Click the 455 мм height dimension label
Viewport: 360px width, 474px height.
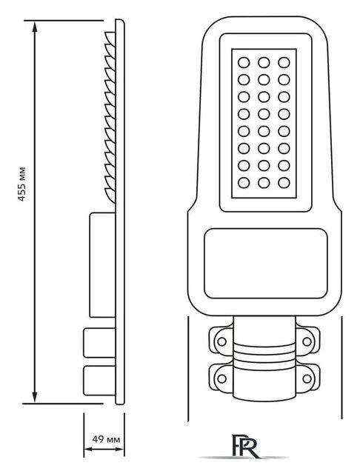click(x=21, y=184)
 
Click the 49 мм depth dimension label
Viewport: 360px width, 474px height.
click(x=106, y=439)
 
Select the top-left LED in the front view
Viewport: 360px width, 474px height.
click(x=244, y=62)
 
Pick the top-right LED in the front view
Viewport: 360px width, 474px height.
click(x=284, y=62)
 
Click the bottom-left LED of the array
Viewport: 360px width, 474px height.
click(x=244, y=183)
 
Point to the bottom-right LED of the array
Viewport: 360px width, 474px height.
click(x=284, y=183)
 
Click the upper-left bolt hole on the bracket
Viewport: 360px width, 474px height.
click(x=222, y=341)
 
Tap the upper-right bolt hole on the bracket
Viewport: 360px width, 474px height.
click(x=307, y=341)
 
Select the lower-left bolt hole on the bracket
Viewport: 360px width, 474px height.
click(x=222, y=378)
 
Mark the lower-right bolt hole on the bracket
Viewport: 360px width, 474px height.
click(x=307, y=378)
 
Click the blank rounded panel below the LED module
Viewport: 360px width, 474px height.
click(x=266, y=264)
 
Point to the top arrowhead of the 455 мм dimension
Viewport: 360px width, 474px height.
click(x=35, y=27)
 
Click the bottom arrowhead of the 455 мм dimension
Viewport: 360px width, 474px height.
click(x=35, y=397)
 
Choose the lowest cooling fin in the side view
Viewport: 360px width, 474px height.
click(x=110, y=196)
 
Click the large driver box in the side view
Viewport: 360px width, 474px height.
click(x=102, y=265)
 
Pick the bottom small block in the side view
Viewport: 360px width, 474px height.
click(x=99, y=380)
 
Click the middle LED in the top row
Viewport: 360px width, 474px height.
click(x=264, y=62)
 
